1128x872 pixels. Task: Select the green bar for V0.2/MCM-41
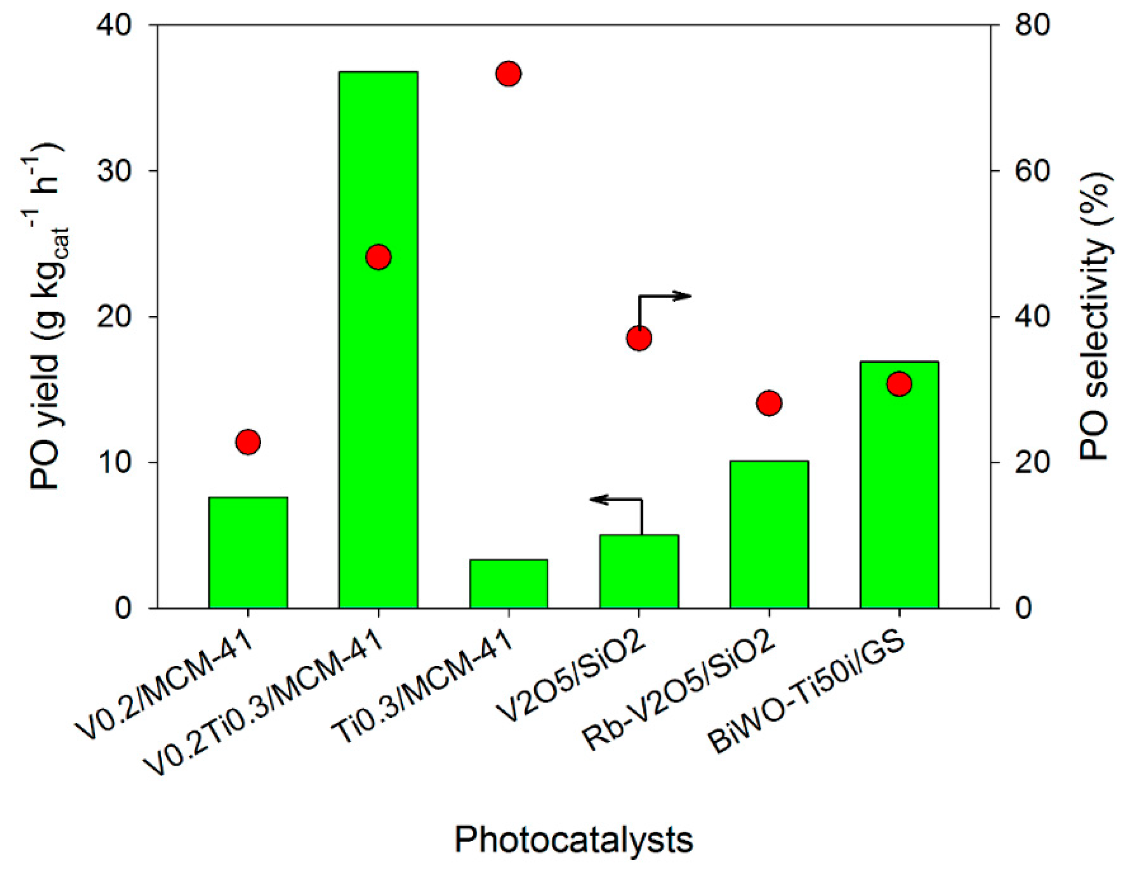pyautogui.click(x=248, y=553)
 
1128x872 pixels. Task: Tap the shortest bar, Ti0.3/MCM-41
pyautogui.click(x=509, y=584)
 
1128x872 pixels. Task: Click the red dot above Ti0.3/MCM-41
pyautogui.click(x=509, y=74)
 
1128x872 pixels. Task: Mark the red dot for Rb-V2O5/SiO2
pyautogui.click(x=769, y=402)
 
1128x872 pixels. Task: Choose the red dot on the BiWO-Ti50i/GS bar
pyautogui.click(x=899, y=384)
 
